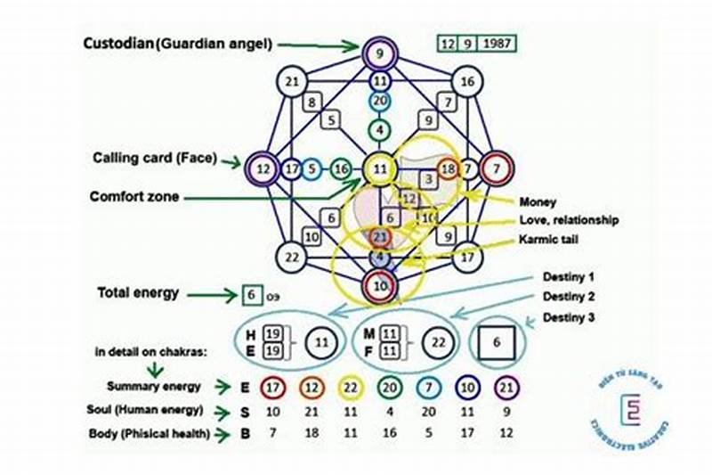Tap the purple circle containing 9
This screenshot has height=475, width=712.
[x=379, y=53]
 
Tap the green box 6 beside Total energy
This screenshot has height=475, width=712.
[x=251, y=294]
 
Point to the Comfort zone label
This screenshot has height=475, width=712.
[x=135, y=195]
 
